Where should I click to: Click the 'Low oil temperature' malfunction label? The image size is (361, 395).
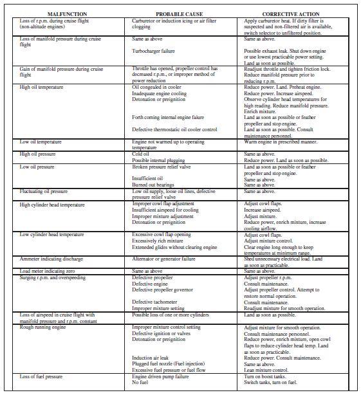[41, 142]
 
